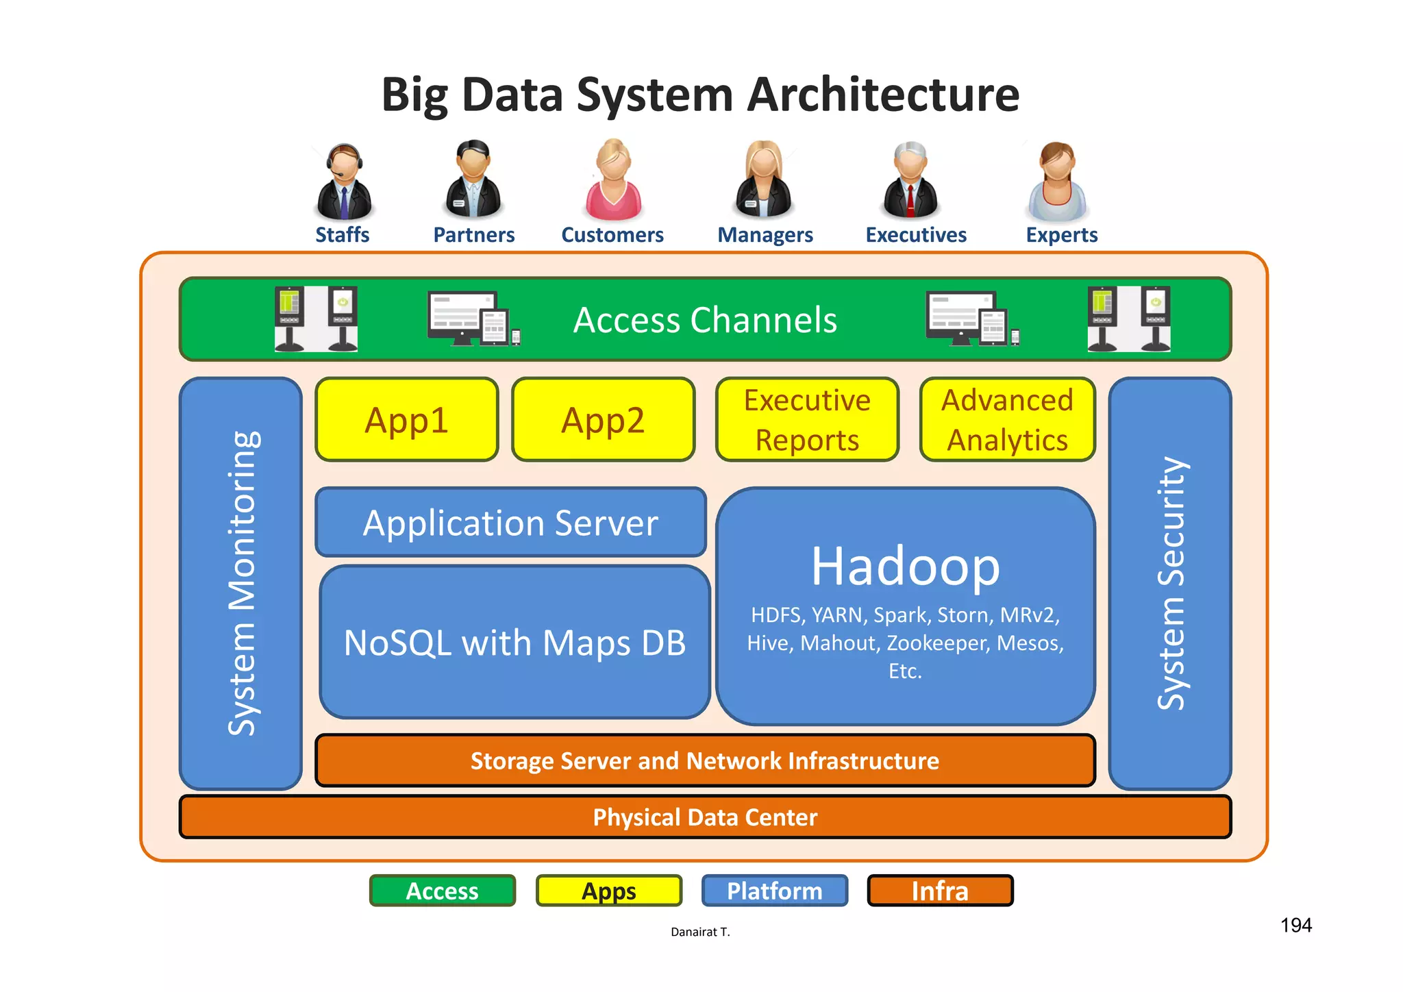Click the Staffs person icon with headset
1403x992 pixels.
tap(344, 182)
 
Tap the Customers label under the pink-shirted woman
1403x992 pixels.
tap(612, 235)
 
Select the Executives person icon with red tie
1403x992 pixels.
tap(910, 181)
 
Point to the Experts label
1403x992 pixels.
tap(1061, 235)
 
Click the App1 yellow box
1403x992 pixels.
tap(407, 419)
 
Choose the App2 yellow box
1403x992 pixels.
tap(603, 419)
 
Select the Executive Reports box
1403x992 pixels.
tap(807, 419)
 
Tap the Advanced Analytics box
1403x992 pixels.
tap(1007, 419)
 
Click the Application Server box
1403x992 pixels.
tap(510, 523)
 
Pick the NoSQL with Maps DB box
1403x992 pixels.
tap(514, 643)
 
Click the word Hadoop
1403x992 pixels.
tap(905, 567)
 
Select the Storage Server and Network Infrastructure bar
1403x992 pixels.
tap(704, 760)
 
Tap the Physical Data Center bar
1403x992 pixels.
tap(704, 817)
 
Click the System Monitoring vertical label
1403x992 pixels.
tap(242, 583)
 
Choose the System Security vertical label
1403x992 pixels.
tap(1171, 583)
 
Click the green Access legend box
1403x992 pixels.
tap(442, 891)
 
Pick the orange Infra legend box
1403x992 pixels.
tap(939, 891)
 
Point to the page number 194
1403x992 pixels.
tap(1295, 926)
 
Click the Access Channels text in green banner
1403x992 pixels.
tap(705, 320)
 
